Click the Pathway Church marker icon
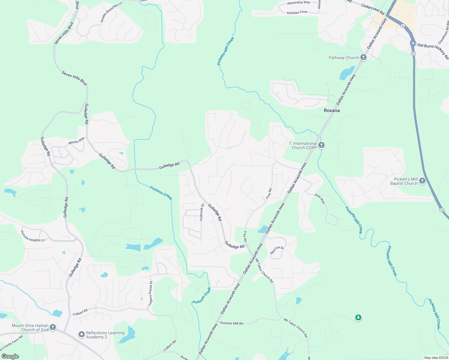click(x=363, y=57)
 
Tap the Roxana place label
click(x=332, y=110)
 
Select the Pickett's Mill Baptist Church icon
click(x=422, y=181)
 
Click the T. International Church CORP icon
click(x=321, y=145)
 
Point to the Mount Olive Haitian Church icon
click(x=53, y=327)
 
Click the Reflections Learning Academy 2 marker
click(x=81, y=334)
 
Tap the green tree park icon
click(x=358, y=317)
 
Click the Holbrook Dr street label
click(x=202, y=212)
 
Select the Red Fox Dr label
click(x=277, y=250)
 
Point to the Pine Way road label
click(x=320, y=199)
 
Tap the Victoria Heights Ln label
click(x=33, y=236)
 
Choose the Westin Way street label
click(x=76, y=140)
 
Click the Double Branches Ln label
click(x=111, y=12)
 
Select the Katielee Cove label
click(x=297, y=12)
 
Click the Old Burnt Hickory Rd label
click(x=433, y=50)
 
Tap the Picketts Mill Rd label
click(x=231, y=323)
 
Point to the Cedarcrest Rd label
click(x=373, y=9)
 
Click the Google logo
click(x=10, y=356)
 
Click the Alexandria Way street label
click(x=298, y=3)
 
